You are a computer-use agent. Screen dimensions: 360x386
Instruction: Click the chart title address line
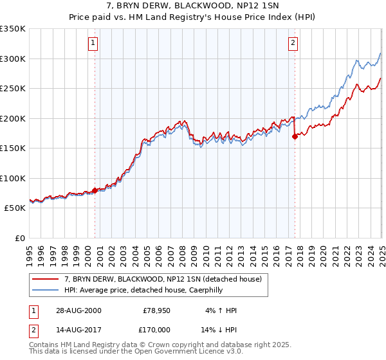192,6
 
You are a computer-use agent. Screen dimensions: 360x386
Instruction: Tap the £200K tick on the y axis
12,118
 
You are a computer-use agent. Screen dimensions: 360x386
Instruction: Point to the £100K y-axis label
12,178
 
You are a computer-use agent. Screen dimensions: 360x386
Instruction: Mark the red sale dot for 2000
95,190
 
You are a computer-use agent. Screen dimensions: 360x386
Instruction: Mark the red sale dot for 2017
295,136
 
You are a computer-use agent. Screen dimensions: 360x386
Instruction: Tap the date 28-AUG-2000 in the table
79,310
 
